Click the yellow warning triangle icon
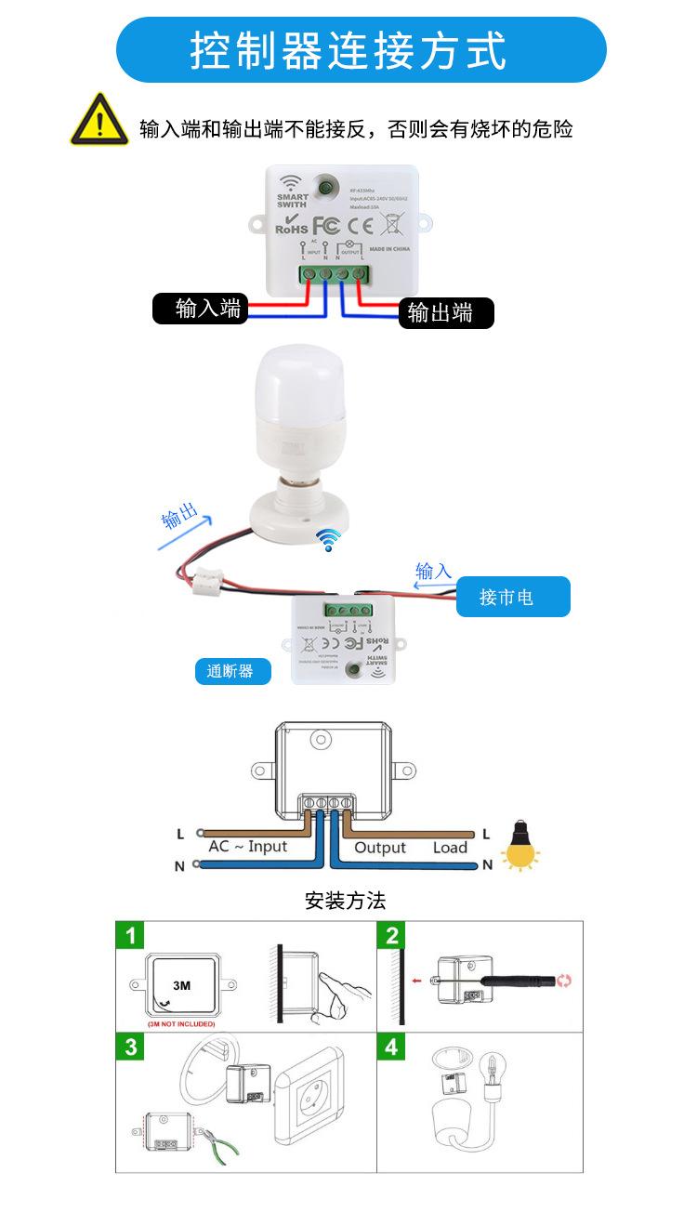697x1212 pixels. [99, 120]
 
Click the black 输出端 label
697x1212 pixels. [441, 313]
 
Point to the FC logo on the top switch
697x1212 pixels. [325, 225]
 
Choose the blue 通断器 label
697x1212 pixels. [231, 670]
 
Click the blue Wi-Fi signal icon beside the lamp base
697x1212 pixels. [328, 539]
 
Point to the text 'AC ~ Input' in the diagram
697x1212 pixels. [248, 847]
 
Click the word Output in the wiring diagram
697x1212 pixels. [380, 848]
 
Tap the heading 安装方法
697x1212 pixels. [345, 901]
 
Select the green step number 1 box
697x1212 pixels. [131, 934]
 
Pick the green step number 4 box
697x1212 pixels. [391, 1047]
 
